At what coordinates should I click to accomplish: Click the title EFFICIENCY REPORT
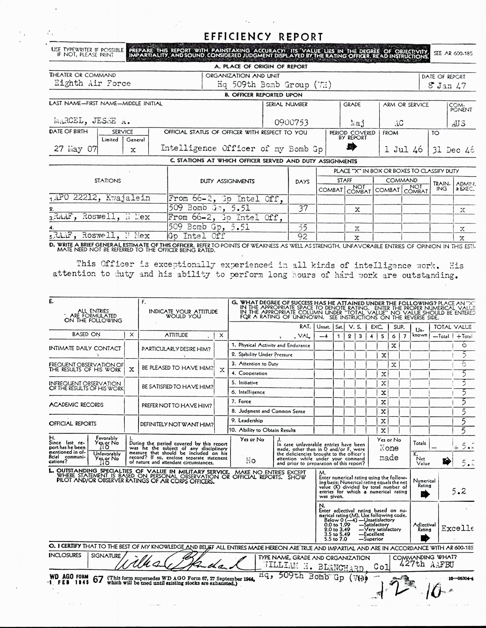click(x=263, y=37)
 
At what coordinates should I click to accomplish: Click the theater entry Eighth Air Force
click(x=92, y=83)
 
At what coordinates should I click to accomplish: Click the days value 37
click(x=303, y=208)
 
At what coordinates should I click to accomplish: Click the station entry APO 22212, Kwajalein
click(x=102, y=198)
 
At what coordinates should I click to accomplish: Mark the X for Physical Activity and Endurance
click(x=394, y=346)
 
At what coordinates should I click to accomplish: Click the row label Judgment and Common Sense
click(x=272, y=411)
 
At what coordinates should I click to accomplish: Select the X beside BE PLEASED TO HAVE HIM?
click(x=222, y=370)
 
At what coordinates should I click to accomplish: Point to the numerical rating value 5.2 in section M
click(x=458, y=491)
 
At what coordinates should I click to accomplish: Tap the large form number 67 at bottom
click(x=98, y=579)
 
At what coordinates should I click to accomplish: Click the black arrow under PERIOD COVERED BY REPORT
click(x=352, y=147)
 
